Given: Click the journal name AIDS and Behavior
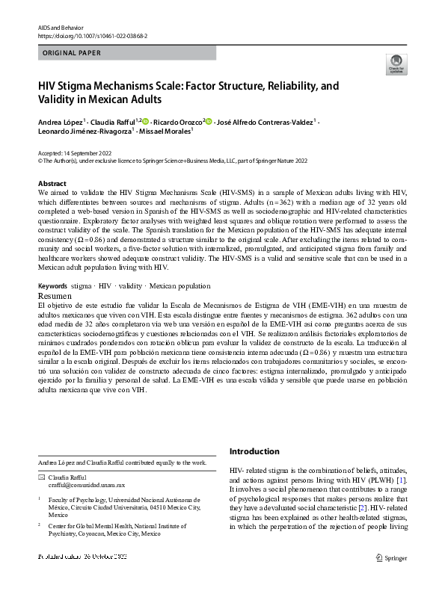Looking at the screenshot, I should [58, 27].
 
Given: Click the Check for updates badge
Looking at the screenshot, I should [396, 65].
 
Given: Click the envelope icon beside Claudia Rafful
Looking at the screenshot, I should [41, 477].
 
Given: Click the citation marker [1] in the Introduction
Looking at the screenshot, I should [401, 478].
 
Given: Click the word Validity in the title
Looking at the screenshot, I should [62, 99].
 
